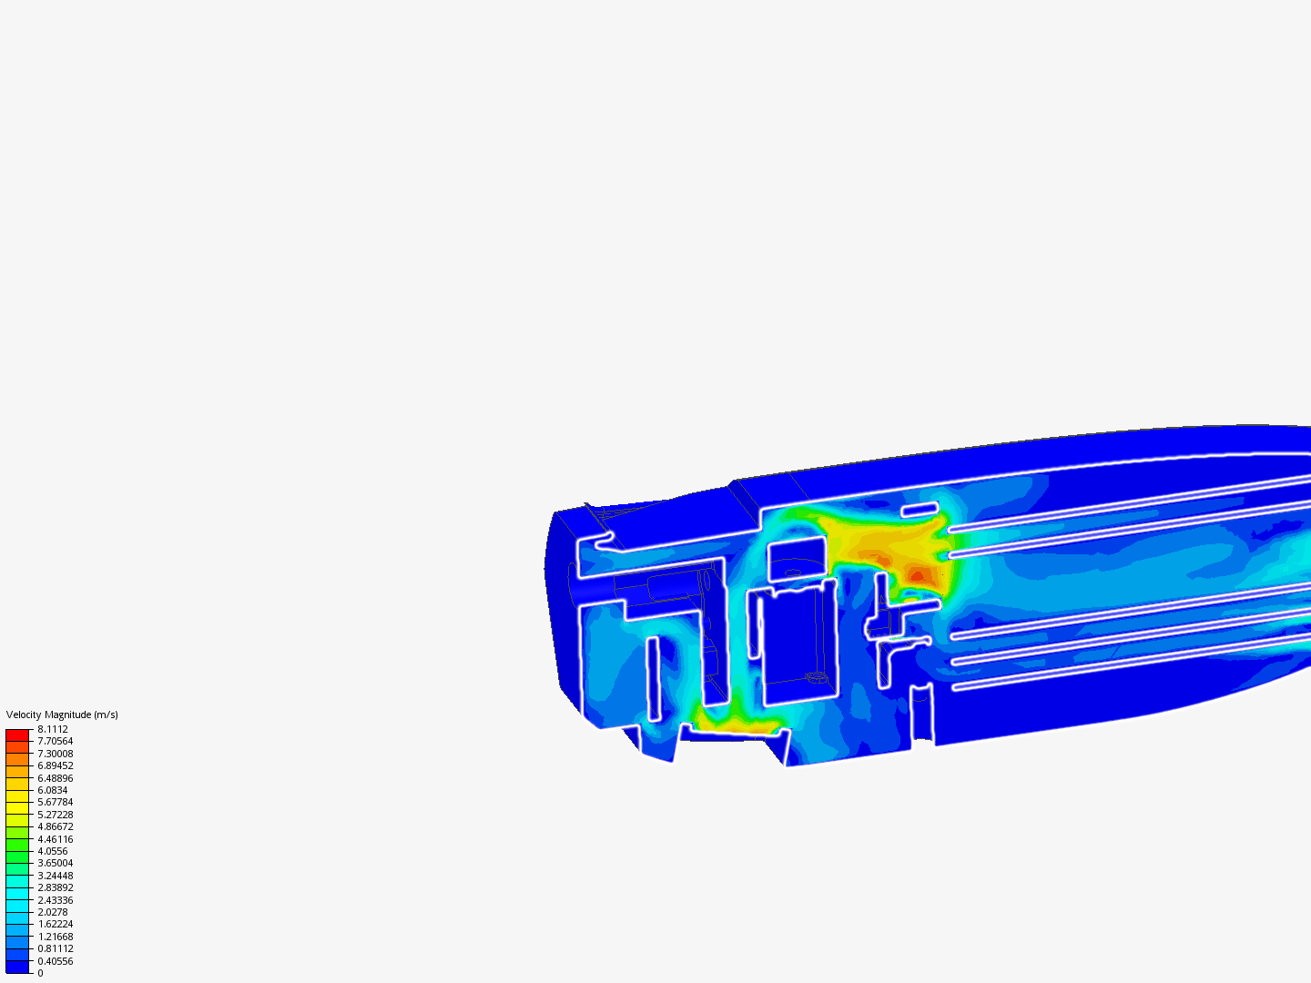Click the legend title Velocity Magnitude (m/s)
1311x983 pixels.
[62, 714]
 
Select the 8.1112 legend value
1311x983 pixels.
[53, 729]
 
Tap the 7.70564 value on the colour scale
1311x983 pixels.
[55, 741]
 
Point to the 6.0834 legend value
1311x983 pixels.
[53, 790]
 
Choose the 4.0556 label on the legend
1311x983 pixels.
[53, 851]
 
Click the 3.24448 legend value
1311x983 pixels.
[55, 876]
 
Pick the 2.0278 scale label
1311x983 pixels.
[53, 912]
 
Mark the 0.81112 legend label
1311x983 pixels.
[55, 948]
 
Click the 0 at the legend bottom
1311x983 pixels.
[40, 973]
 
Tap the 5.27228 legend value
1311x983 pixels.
[55, 815]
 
